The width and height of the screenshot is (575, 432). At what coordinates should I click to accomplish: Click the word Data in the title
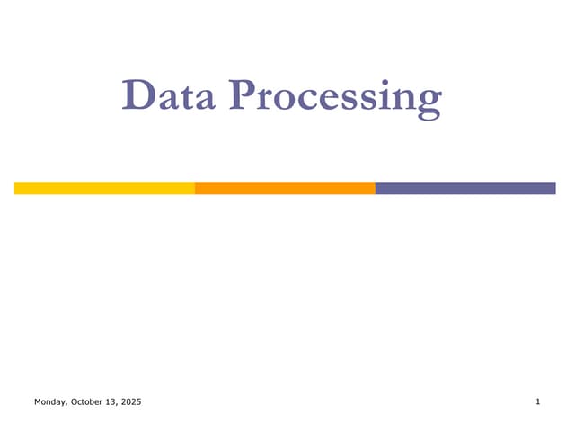[x=169, y=95]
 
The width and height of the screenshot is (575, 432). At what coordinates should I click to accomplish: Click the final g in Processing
[x=429, y=101]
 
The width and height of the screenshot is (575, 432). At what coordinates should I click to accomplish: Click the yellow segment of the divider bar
[x=104, y=188]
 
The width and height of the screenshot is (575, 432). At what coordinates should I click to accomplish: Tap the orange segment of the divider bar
[x=285, y=188]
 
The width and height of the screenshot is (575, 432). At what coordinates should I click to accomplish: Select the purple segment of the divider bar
[x=465, y=188]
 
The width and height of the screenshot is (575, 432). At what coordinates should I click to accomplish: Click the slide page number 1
[x=537, y=401]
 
